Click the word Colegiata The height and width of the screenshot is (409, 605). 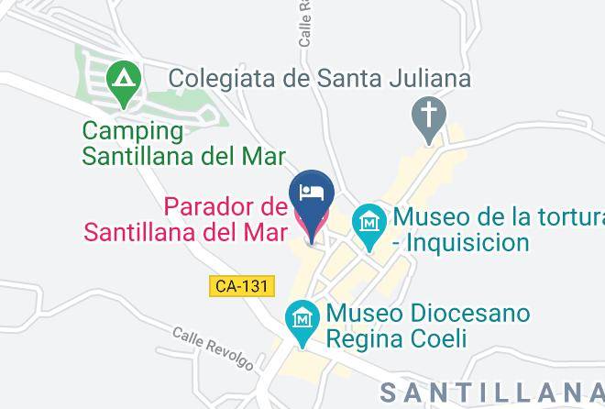click(223, 78)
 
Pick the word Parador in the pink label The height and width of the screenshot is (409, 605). click(215, 203)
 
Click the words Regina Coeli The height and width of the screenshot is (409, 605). click(399, 338)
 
